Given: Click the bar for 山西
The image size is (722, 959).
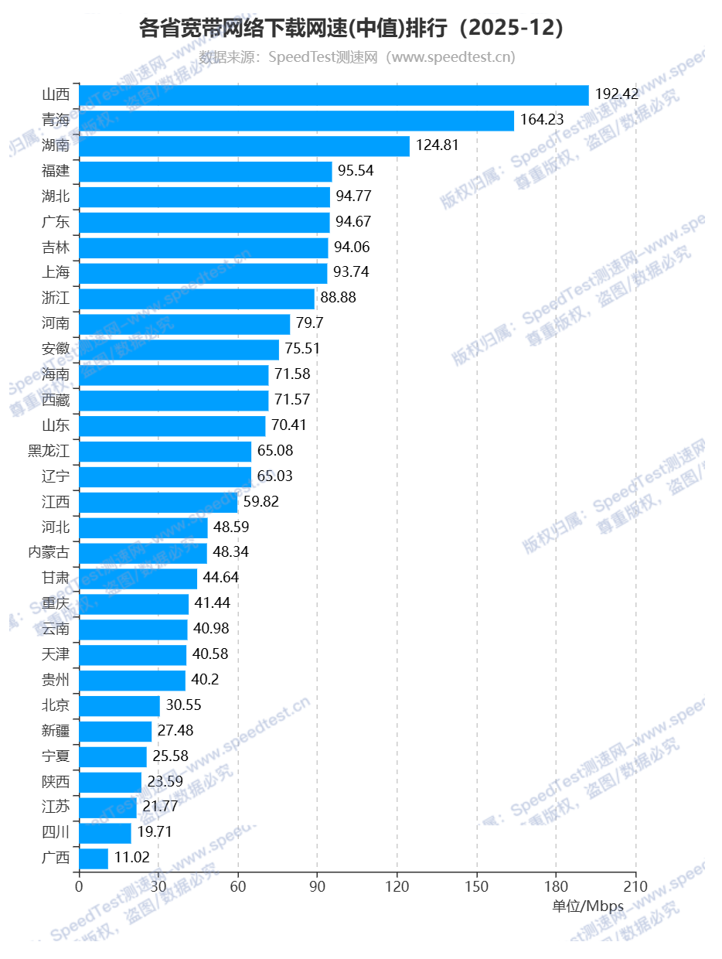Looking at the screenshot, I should pyautogui.click(x=334, y=95).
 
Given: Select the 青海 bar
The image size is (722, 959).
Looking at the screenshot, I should pyautogui.click(x=296, y=121).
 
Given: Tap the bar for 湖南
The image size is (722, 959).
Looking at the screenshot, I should pyautogui.click(x=244, y=146).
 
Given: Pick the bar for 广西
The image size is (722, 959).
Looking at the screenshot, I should pyautogui.click(x=94, y=858).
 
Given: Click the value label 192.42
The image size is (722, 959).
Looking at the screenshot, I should pyautogui.click(x=617, y=94).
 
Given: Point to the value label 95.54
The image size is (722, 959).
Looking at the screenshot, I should pyautogui.click(x=356, y=171).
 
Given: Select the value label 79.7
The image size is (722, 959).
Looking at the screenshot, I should pyautogui.click(x=310, y=323).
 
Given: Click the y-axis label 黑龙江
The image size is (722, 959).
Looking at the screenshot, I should pyautogui.click(x=49, y=451).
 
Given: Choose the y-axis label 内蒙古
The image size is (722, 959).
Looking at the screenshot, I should pyautogui.click(x=49, y=552).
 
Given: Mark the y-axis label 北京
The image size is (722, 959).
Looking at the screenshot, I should pyautogui.click(x=56, y=705).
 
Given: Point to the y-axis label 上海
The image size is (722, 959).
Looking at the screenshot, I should pyautogui.click(x=56, y=272).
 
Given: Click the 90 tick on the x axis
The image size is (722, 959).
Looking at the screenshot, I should pyautogui.click(x=317, y=886).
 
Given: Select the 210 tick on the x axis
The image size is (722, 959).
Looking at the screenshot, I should pyautogui.click(x=635, y=886).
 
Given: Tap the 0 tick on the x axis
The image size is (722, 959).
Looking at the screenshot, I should pyautogui.click(x=79, y=886).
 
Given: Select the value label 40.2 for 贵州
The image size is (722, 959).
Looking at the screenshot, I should pyautogui.click(x=206, y=680).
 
